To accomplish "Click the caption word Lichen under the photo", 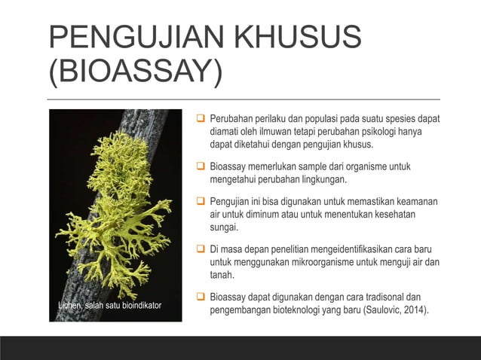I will pyautogui.click(x=72, y=305).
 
